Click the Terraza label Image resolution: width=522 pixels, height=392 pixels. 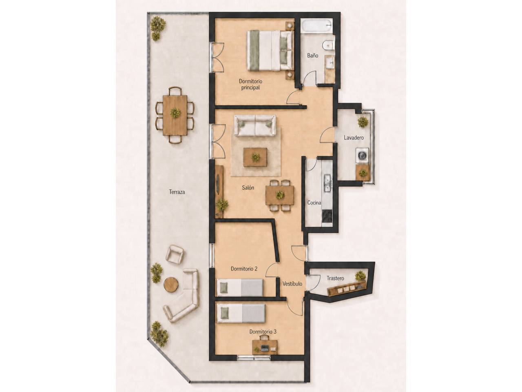coord(177,192)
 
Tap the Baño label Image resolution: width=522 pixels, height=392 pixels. coord(312,56)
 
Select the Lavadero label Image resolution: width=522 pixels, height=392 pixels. coord(354,138)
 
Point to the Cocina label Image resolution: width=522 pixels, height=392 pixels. coord(314,203)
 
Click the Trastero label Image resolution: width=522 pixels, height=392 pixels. coord(335,278)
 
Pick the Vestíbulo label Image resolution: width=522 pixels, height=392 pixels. coord(292,283)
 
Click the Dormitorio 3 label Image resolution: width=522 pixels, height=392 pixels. coord(263,332)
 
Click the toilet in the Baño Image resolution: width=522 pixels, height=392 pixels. coord(328,45)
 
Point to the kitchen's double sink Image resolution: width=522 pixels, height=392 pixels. coord(327,183)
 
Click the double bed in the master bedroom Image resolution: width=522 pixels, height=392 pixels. coord(270,51)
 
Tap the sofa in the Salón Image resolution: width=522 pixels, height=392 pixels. coord(255,126)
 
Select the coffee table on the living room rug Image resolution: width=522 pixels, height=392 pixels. coord(255,157)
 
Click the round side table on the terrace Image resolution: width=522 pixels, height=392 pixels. coord(171,284)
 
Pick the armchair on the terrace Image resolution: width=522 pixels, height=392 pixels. coord(175,254)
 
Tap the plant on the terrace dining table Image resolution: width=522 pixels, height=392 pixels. coord(175,113)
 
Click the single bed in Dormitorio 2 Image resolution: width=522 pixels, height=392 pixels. coord(239,288)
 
